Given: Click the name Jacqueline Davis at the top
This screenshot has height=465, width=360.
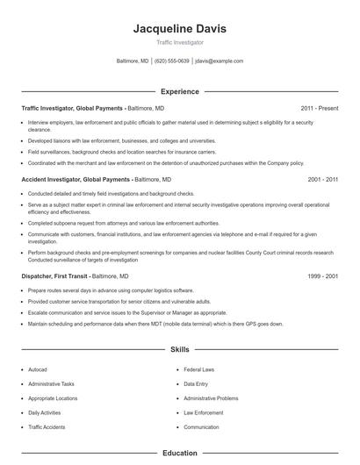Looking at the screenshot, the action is (179, 28).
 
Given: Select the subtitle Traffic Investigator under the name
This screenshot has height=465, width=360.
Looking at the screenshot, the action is (179, 42).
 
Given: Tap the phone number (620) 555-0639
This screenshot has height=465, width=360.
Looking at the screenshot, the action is (172, 61).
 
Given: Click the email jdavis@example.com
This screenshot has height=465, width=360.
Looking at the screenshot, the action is (219, 61).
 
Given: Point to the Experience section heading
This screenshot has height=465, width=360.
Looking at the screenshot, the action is (179, 91).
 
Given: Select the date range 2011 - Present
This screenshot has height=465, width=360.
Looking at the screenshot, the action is (319, 108).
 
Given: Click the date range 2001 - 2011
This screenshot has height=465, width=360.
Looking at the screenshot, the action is (322, 179).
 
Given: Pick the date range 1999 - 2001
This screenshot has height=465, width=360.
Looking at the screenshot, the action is (322, 275).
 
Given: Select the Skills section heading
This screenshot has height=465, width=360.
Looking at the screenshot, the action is (179, 349).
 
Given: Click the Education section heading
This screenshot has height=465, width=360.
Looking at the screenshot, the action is (179, 454).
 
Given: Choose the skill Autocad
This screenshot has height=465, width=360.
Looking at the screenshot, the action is (38, 370).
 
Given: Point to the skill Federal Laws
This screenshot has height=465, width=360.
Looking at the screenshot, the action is (199, 370).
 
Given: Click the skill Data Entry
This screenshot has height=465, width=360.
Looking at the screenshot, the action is (196, 384).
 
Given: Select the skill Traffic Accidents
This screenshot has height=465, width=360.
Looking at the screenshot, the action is (46, 427).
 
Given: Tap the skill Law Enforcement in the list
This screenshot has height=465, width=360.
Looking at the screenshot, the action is (203, 412).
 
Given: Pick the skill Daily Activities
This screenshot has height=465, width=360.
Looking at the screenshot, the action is (44, 412).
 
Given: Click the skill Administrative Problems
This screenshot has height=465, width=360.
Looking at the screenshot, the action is (211, 398).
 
